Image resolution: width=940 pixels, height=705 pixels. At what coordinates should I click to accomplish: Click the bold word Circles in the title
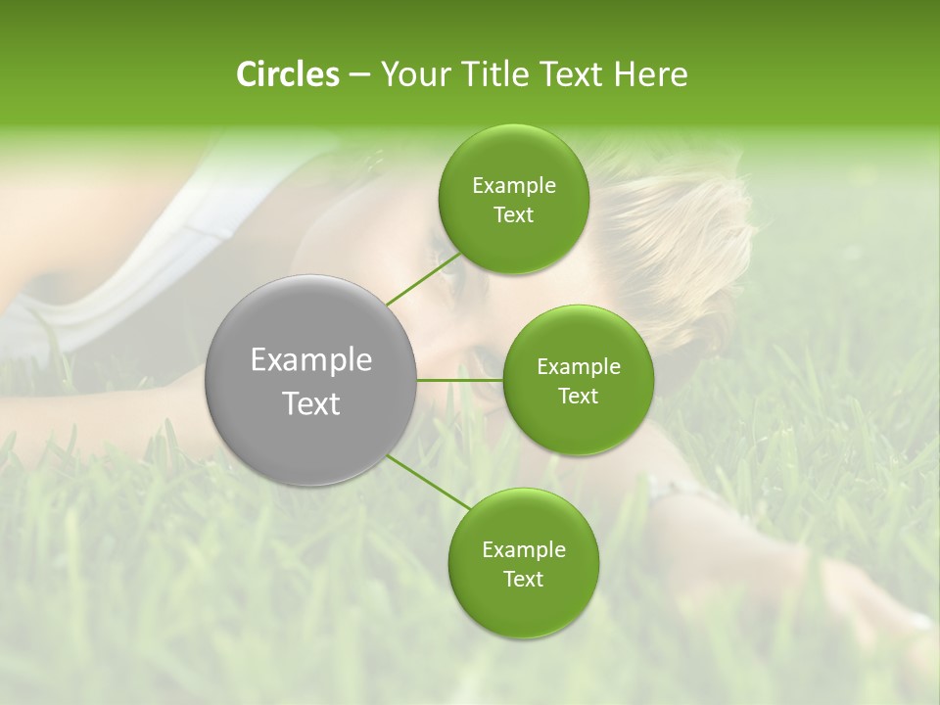click(287, 74)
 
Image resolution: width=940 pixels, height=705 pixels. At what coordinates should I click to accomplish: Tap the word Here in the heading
click(651, 74)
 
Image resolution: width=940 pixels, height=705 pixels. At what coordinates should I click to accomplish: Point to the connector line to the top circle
click(423, 278)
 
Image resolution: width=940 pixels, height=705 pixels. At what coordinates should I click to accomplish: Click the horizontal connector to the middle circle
click(460, 380)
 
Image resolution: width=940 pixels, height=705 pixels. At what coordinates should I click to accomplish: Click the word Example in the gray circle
click(311, 360)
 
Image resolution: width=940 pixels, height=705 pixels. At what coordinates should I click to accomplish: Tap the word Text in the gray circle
click(311, 403)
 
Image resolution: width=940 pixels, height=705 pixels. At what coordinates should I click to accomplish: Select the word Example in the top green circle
click(513, 186)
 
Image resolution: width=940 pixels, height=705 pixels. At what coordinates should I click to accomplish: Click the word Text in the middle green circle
click(578, 396)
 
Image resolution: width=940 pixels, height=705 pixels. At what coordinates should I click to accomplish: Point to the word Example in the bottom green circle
click(523, 549)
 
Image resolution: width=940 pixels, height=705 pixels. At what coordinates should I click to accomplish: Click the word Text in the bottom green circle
click(523, 579)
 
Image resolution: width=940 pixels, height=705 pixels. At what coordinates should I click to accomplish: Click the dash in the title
click(358, 75)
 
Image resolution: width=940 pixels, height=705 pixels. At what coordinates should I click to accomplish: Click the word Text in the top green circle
click(513, 215)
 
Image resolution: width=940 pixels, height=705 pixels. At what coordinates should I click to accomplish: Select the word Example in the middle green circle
click(578, 367)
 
